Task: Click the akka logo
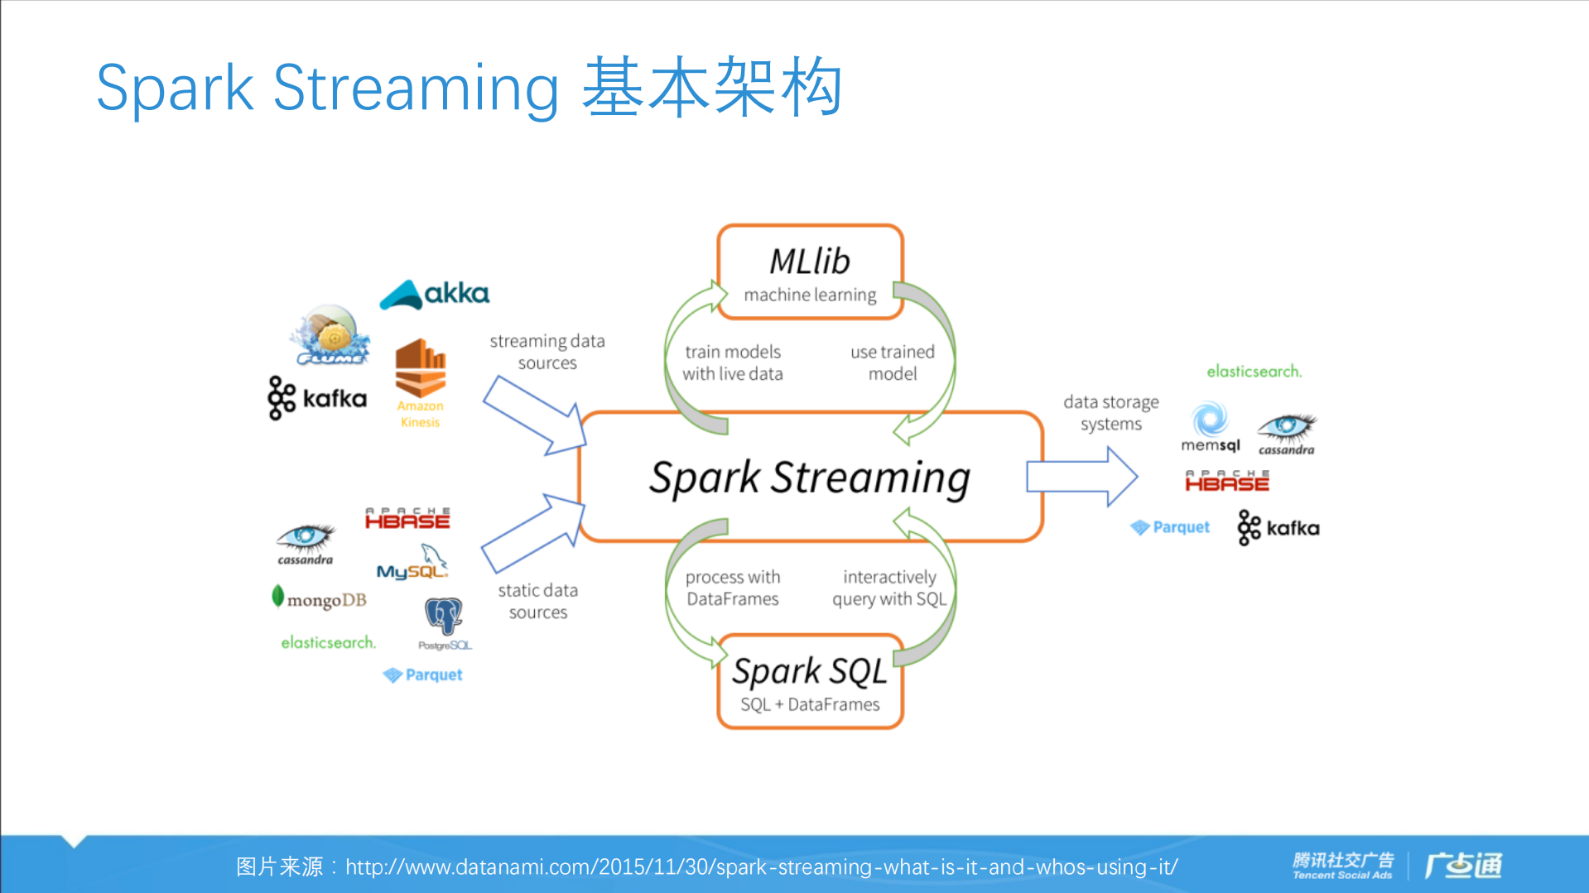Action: [x=435, y=295]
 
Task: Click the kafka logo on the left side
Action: [x=317, y=398]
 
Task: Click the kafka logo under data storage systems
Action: [x=1278, y=528]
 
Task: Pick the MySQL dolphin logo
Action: [x=412, y=563]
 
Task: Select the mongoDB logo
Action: [x=319, y=598]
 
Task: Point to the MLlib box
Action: [x=810, y=272]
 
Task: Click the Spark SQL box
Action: [x=810, y=682]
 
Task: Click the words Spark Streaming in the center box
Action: [x=809, y=478]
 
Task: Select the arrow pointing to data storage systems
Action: [x=1081, y=477]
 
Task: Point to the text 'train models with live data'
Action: [x=732, y=362]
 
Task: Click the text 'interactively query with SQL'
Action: [x=889, y=588]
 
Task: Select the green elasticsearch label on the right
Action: [x=1254, y=372]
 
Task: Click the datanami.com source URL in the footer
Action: [x=761, y=867]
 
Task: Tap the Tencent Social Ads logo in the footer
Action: [x=1342, y=865]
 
